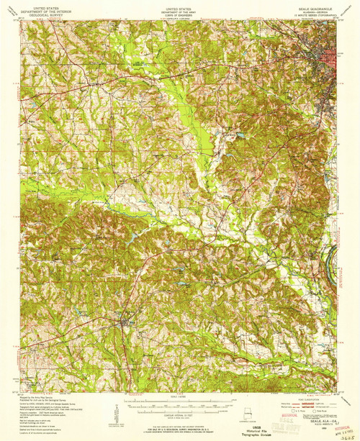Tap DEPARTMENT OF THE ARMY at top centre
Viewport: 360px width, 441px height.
tap(179, 8)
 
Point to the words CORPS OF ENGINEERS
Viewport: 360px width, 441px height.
tap(179, 12)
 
